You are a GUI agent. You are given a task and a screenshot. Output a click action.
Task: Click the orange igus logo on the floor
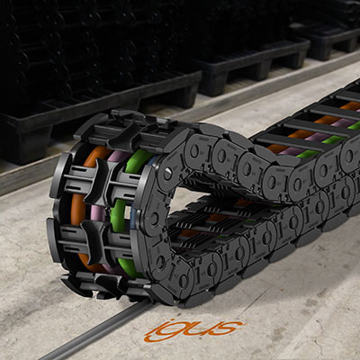pos(193,330)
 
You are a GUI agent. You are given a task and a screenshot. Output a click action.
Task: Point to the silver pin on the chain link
pos(167,174)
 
